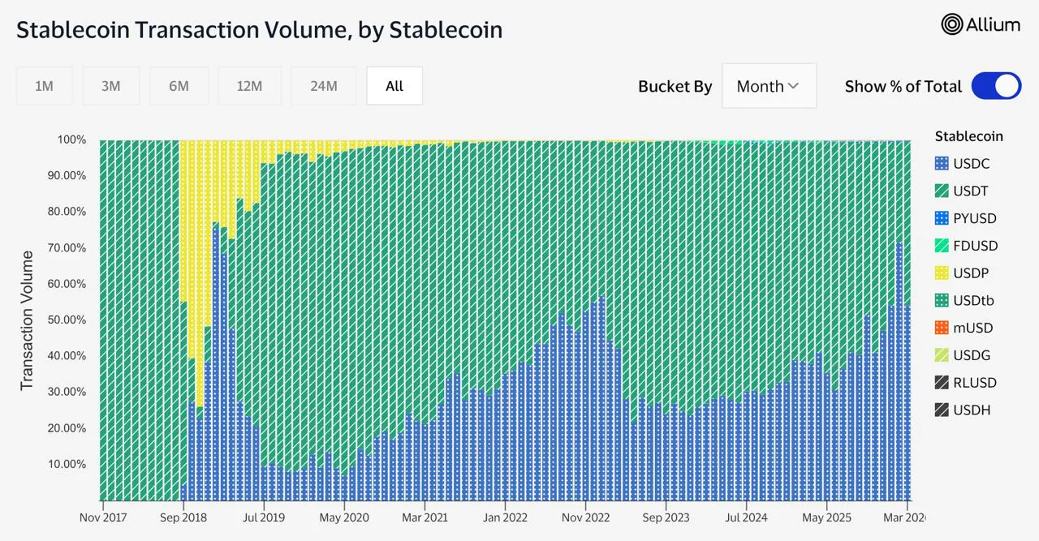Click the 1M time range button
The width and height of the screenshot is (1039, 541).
coord(44,86)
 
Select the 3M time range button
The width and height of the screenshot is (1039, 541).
coord(111,86)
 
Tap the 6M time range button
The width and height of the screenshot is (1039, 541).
coord(179,86)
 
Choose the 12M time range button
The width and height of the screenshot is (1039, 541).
coord(249,86)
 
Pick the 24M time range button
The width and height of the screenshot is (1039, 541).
coord(323,86)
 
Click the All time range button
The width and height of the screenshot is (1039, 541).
coord(394,86)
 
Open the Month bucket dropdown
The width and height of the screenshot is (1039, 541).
coord(768,86)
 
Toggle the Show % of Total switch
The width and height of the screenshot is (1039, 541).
coord(996,86)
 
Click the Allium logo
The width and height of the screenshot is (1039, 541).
coord(981,24)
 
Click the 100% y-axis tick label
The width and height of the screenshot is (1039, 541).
coord(71,140)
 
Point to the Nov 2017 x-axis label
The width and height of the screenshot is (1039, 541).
coord(102,517)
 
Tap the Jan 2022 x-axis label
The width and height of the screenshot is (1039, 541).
coord(505,517)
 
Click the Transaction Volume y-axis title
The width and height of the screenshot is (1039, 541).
coord(27,320)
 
